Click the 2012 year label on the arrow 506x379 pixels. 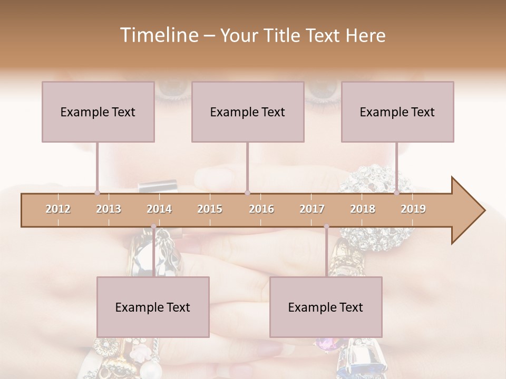pos(58,209)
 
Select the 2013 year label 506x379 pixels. pos(109,209)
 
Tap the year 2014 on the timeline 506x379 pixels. pos(159,209)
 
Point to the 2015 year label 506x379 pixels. pos(210,209)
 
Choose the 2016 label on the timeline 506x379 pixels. pos(261,209)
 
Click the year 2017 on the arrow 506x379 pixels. pos(312,209)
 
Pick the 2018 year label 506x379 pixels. pos(363,209)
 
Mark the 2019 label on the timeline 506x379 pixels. pos(413,209)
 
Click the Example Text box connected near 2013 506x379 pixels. pos(98,112)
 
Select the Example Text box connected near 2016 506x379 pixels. pos(248,112)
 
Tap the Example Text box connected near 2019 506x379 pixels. pos(397,112)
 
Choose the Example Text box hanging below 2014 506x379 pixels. pos(153,307)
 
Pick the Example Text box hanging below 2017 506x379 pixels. pos(326,307)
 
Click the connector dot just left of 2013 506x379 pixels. pos(98,193)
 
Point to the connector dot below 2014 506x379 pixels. pos(153,226)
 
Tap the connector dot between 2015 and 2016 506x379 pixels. pos(247,193)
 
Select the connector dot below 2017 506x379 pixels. pos(326,226)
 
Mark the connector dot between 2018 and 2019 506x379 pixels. pos(397,193)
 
